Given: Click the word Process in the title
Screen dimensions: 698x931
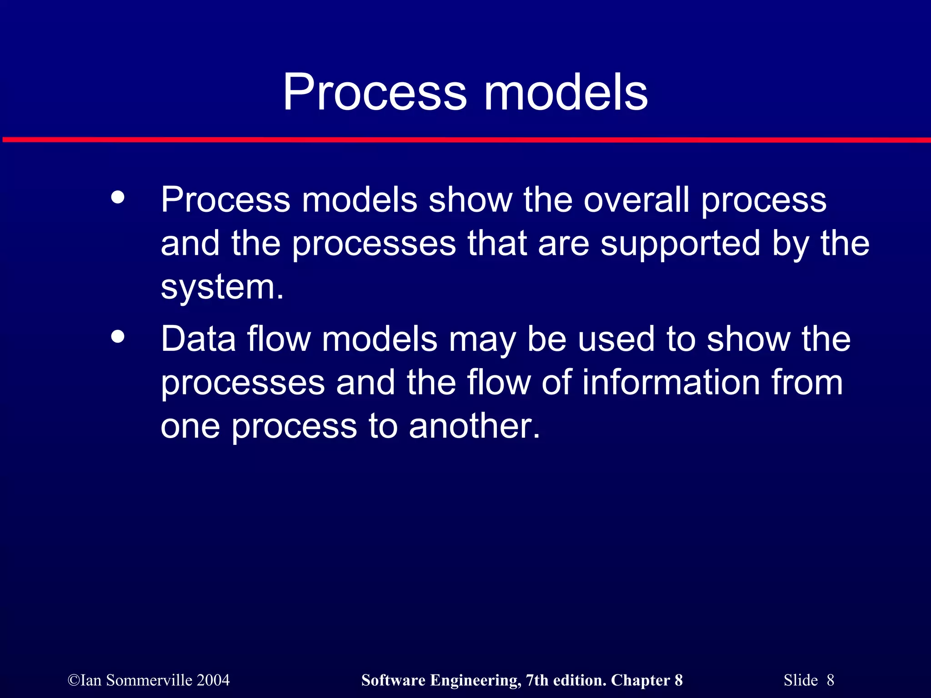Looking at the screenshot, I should (x=375, y=93).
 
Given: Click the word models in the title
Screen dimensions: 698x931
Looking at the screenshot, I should (x=566, y=93).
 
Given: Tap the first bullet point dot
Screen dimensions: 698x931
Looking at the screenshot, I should (x=118, y=198).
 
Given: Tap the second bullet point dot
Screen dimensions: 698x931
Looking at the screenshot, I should (x=118, y=337).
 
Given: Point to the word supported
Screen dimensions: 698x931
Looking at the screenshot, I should (x=680, y=244).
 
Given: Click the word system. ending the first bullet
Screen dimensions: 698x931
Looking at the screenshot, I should (x=222, y=288).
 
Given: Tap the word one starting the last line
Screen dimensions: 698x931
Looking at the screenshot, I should (x=190, y=427).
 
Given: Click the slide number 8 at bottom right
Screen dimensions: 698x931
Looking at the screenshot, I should (x=830, y=680).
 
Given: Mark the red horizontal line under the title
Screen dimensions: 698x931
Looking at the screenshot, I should (x=465, y=140).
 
